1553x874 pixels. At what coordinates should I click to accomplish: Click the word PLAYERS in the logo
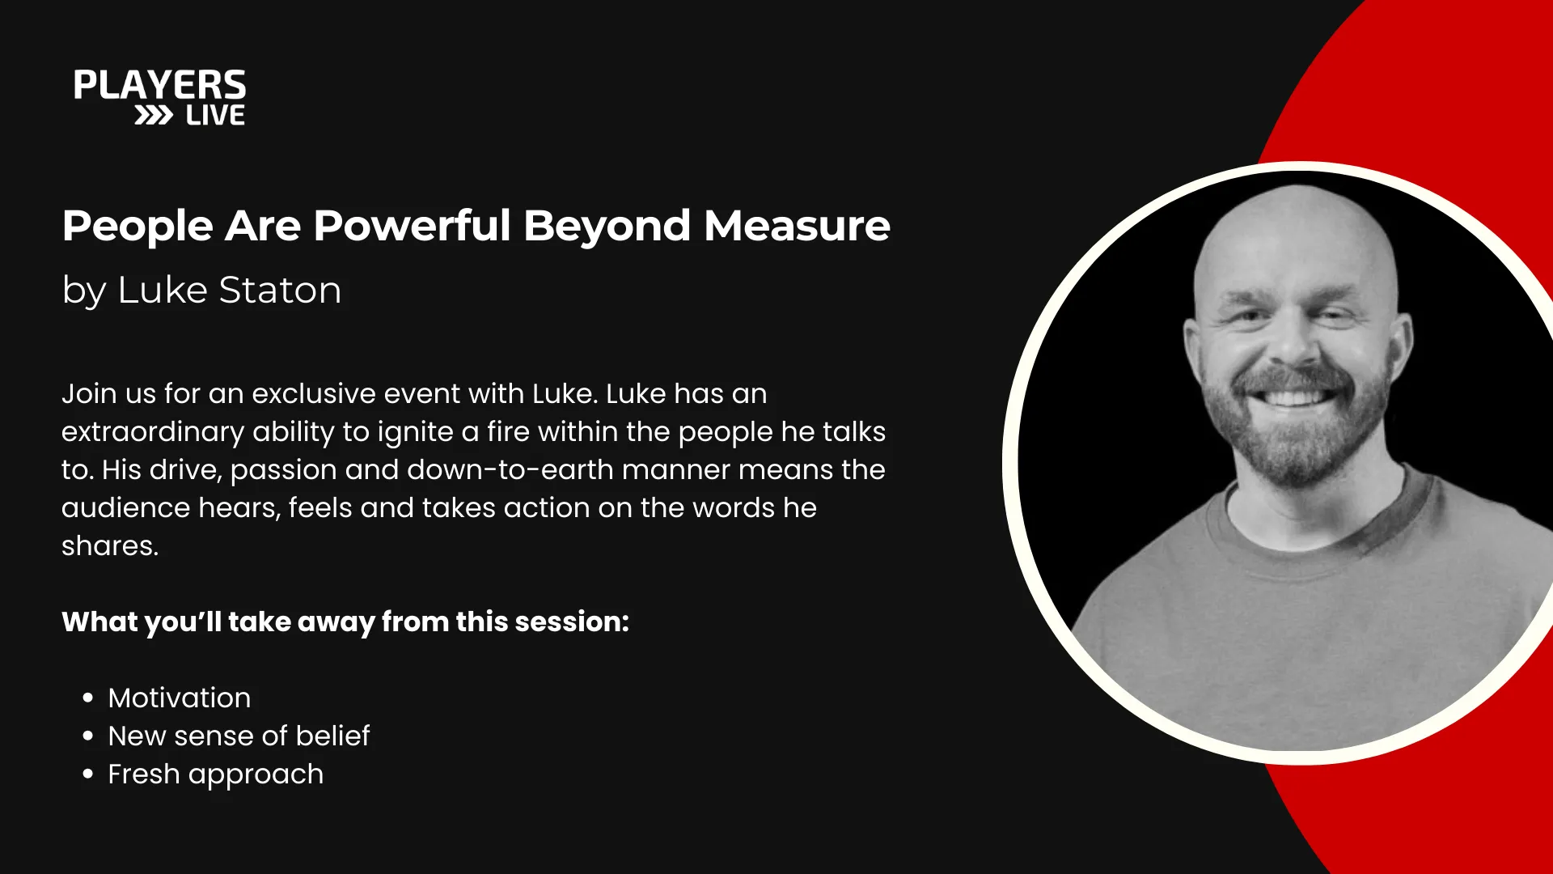pyautogui.click(x=159, y=85)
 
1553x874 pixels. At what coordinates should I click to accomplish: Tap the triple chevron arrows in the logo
pyautogui.click(x=154, y=116)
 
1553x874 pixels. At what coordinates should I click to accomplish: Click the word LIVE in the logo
pyautogui.click(x=215, y=116)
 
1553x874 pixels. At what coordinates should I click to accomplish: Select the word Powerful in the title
pyautogui.click(x=412, y=226)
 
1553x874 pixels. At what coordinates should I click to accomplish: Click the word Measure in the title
pyautogui.click(x=797, y=226)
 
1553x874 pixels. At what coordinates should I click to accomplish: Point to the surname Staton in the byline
pyautogui.click(x=280, y=290)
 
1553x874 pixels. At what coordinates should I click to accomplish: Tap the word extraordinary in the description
pyautogui.click(x=153, y=432)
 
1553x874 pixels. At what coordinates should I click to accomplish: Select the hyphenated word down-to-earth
pyautogui.click(x=510, y=469)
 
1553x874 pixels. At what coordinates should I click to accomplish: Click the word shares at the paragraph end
pyautogui.click(x=110, y=545)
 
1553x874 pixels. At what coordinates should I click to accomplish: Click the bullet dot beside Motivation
pyautogui.click(x=88, y=698)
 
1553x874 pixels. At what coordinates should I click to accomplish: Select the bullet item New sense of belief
pyautogui.click(x=239, y=736)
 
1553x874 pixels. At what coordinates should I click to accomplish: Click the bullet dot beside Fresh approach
pyautogui.click(x=88, y=774)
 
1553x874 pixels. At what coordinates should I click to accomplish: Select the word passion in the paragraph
pyautogui.click(x=283, y=471)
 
